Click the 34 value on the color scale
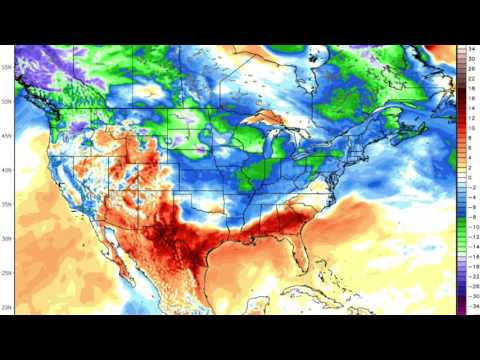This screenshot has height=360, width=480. coord(470,48)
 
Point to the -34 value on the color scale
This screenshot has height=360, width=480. coord(470,312)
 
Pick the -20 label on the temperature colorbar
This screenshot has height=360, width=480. coord(470,259)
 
